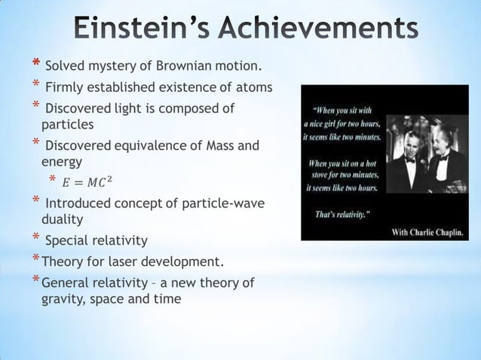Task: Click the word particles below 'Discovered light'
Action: coord(67,124)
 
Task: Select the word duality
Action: coord(62,219)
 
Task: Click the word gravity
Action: coord(63,298)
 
